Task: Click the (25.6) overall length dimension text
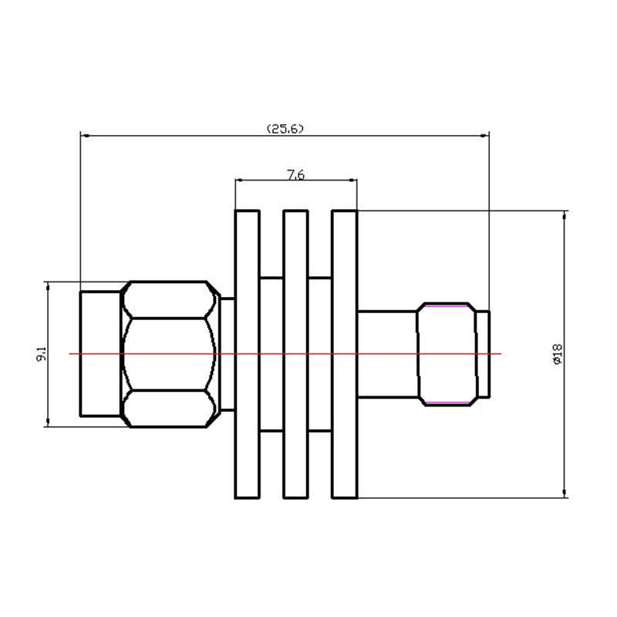click(x=285, y=129)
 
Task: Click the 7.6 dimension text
click(x=295, y=175)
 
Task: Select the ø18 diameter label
click(x=558, y=354)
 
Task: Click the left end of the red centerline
click(x=71, y=354)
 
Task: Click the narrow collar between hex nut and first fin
click(x=227, y=354)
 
